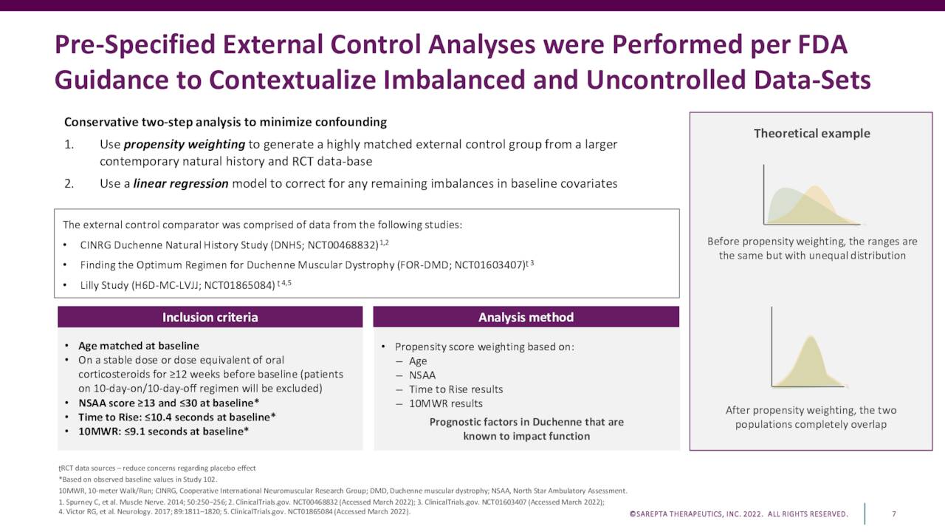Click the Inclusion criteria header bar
coord(210,317)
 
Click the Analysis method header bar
coord(526,317)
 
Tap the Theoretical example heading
coord(811,134)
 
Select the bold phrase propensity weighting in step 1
coord(185,144)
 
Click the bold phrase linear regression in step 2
coord(180,183)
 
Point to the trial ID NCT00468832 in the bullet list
coord(340,245)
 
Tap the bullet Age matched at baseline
coord(138,346)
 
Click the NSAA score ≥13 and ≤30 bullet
coord(168,403)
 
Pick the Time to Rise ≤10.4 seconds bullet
coord(176,417)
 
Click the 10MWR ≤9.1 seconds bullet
coord(163,431)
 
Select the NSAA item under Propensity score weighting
coord(422,375)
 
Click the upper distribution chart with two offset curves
coord(811,196)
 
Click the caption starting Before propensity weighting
coord(811,248)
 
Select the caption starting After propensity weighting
coord(811,417)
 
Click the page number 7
coord(894,514)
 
